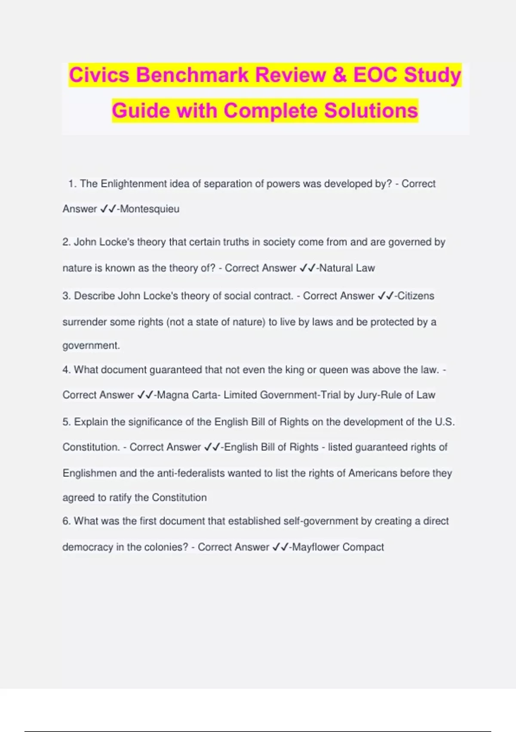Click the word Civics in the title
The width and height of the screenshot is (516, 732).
coord(99,75)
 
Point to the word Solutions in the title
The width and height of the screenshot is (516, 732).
coord(371,111)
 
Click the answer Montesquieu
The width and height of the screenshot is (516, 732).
coord(150,209)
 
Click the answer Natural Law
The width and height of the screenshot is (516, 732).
coord(347,268)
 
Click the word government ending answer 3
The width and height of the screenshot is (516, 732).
coord(91,346)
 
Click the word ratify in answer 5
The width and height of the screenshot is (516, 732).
coord(120,498)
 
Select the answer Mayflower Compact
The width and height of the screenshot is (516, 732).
coord(338,547)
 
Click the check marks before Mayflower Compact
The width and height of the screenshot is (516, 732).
coord(280,547)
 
